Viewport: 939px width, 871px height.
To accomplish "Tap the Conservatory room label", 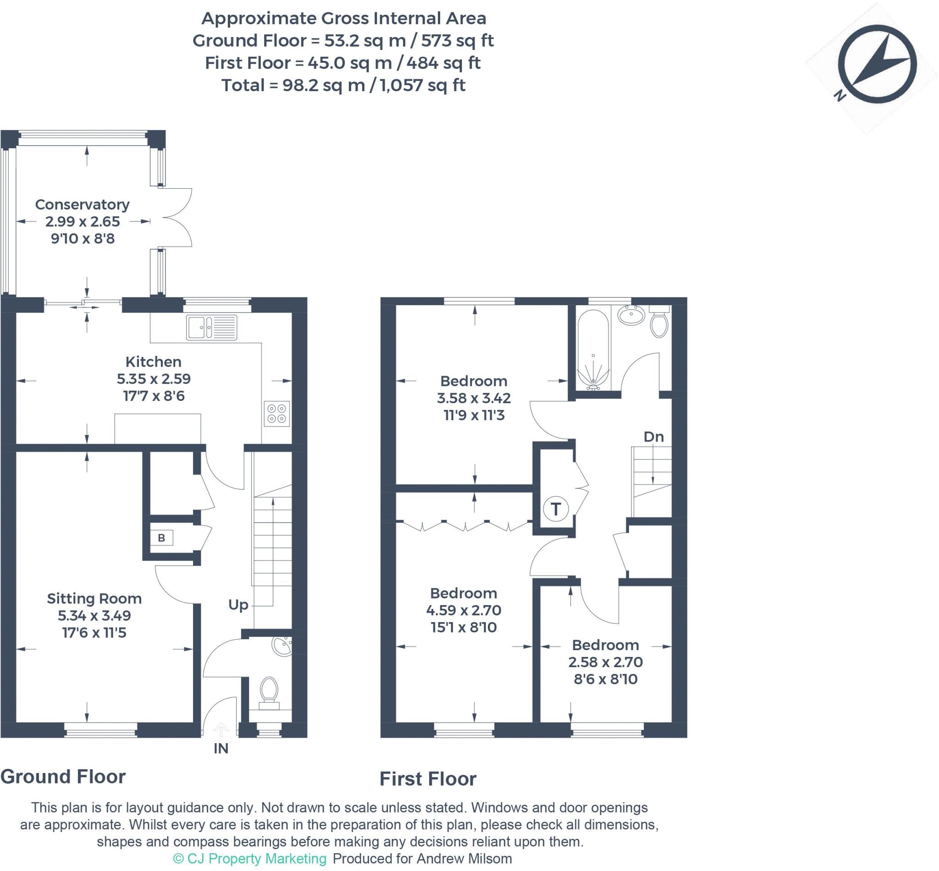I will [83, 204].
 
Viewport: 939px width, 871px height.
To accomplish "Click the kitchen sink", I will [212, 327].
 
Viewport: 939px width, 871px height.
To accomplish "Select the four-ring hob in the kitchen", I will [276, 413].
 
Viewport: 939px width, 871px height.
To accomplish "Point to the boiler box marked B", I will [161, 538].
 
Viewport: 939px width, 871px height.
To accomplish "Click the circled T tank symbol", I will [556, 509].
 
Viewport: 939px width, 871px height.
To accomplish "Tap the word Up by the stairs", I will [238, 605].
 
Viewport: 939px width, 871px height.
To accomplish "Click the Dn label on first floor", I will [654, 437].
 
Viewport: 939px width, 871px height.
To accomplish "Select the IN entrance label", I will [221, 749].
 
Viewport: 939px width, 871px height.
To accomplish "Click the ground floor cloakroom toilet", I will [269, 691].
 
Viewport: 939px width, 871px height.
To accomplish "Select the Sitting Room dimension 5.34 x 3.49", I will [94, 615].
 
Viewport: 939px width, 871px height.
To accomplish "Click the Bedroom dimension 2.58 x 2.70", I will [605, 662].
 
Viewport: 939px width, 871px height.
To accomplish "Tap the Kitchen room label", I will [153, 362].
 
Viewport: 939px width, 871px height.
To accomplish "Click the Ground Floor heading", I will [63, 776].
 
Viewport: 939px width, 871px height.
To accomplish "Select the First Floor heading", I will [428, 778].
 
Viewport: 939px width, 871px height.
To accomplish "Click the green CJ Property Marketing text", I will [250, 858].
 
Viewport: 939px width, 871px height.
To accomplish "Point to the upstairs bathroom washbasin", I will [631, 315].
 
